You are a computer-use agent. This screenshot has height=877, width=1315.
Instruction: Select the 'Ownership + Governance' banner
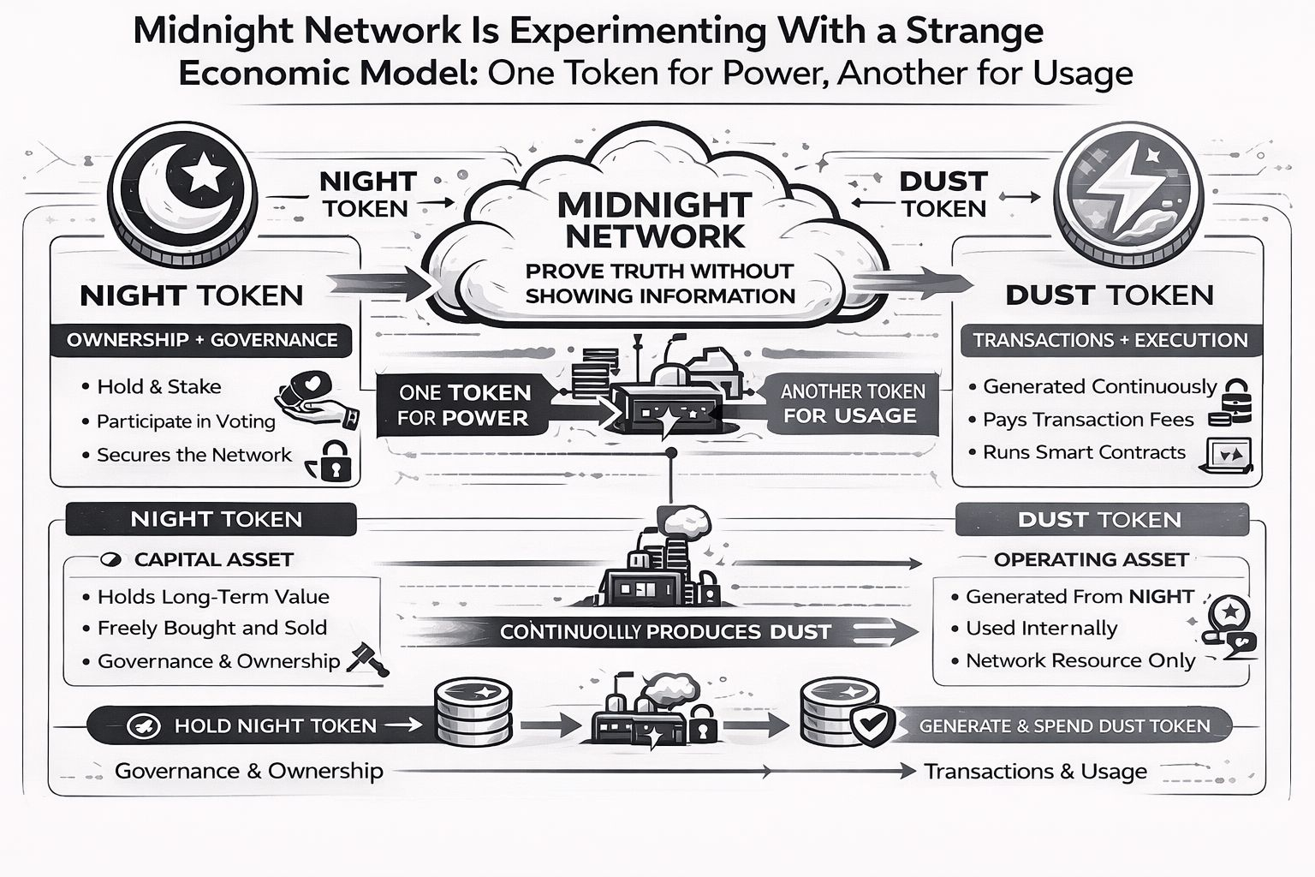pyautogui.click(x=202, y=340)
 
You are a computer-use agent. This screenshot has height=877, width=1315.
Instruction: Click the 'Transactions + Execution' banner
pyautogui.click(x=1110, y=340)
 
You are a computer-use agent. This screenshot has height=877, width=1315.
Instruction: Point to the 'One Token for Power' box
pyautogui.click(x=464, y=405)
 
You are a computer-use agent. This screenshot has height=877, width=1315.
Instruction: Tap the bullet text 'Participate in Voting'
pyautogui.click(x=186, y=421)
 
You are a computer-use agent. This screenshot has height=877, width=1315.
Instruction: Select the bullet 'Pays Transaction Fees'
pyautogui.click(x=1088, y=420)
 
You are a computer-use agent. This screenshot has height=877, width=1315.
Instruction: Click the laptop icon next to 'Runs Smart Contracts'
pyautogui.click(x=1229, y=455)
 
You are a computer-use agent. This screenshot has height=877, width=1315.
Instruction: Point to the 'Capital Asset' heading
pyautogui.click(x=213, y=559)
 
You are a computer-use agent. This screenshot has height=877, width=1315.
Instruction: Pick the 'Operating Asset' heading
pyautogui.click(x=1091, y=559)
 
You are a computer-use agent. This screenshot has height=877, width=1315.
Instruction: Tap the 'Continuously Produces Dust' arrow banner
pyautogui.click(x=666, y=632)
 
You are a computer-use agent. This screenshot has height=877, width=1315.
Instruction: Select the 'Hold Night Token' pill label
pyautogui.click(x=275, y=726)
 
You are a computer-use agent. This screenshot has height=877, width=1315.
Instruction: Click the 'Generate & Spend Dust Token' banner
pyautogui.click(x=1064, y=726)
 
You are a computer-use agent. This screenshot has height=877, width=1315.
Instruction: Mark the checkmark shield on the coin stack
pyautogui.click(x=872, y=725)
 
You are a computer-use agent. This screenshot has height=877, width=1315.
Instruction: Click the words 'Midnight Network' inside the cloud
pyautogui.click(x=654, y=220)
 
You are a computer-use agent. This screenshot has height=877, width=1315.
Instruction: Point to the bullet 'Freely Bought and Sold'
pyautogui.click(x=211, y=628)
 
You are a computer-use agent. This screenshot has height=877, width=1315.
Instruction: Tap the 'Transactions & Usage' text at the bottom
pyautogui.click(x=1035, y=772)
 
